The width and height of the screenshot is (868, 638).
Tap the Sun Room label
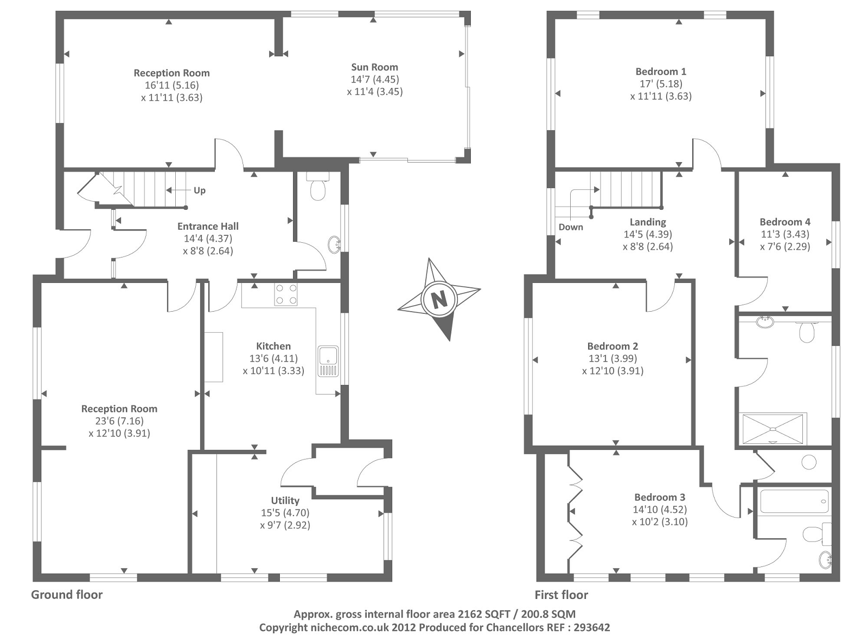tap(374, 67)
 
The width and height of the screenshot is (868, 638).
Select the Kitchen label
tap(273, 346)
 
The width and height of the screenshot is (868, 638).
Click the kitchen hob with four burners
tap(286, 294)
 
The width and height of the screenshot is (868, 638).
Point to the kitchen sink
tap(328, 361)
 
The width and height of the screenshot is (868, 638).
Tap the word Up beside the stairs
tap(200, 190)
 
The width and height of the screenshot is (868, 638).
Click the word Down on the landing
tap(571, 227)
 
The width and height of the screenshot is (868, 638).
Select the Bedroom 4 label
tap(785, 222)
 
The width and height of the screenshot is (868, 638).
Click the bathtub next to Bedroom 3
tap(794, 501)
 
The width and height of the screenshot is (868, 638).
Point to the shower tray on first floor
tap(772, 429)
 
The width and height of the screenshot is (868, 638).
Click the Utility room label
tap(285, 500)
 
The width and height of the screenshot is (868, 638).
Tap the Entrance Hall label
tap(208, 226)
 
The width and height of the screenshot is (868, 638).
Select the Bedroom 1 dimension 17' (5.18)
tap(661, 83)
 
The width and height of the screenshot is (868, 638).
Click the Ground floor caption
tap(67, 595)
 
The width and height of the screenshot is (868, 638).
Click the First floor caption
tap(561, 595)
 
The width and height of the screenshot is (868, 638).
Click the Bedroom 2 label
tap(612, 346)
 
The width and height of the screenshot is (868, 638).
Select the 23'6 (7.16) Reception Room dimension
tap(119, 421)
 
